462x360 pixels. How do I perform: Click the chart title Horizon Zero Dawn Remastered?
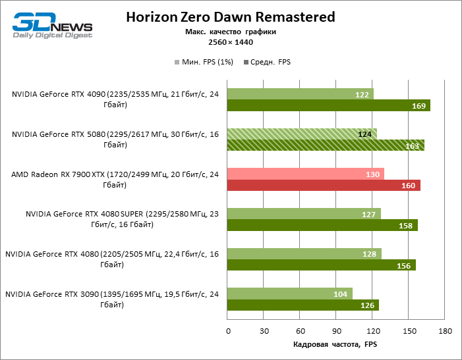coord(231,17)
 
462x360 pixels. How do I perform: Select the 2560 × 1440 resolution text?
coord(231,42)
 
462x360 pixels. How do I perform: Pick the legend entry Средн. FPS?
coord(267,62)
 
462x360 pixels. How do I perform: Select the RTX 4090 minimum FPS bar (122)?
coord(300,94)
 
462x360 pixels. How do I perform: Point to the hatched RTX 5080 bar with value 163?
coord(326,145)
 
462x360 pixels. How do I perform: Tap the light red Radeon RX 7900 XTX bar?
coord(305,174)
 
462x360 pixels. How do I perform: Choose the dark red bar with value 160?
coord(323,186)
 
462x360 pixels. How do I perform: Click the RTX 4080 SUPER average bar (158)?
coord(322,226)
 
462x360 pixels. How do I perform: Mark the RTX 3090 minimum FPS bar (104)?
coord(289,294)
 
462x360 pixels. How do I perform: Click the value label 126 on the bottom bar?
coord(367,305)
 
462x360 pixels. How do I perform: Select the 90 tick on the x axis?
coord(336,331)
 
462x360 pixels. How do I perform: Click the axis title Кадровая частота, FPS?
coord(336,344)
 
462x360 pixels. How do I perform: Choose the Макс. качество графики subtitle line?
coord(231,32)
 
